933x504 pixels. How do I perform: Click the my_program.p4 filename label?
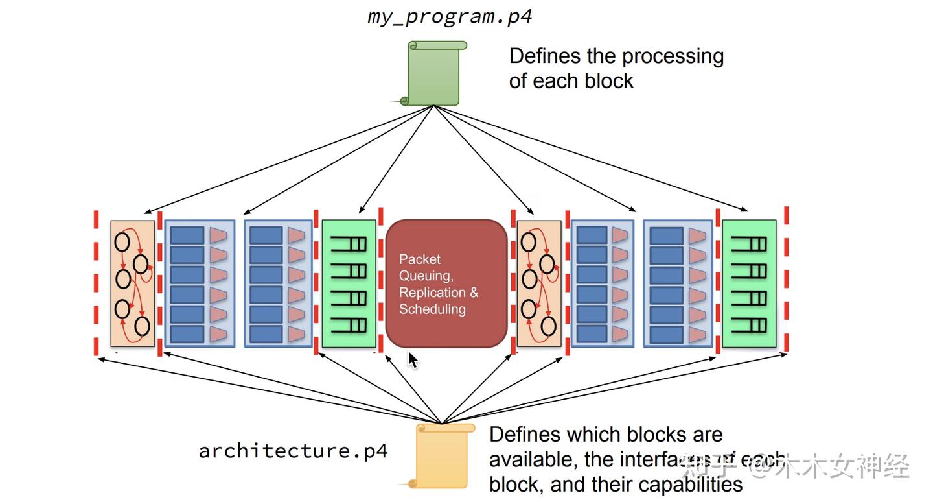pos(450,16)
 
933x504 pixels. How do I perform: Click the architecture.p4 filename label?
pos(293,451)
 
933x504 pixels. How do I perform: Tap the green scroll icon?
pos(434,73)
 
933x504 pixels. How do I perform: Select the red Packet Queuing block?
pos(446,283)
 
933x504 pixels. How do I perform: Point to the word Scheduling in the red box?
pos(432,309)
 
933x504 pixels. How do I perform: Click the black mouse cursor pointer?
pos(413,360)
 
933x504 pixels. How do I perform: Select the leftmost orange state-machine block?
pos(133,283)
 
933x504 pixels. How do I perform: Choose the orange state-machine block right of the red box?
pos(538,283)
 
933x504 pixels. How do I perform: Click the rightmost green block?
pos(749,283)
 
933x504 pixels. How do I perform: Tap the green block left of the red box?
pos(349,283)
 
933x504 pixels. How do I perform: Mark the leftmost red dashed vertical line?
pos(97,283)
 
